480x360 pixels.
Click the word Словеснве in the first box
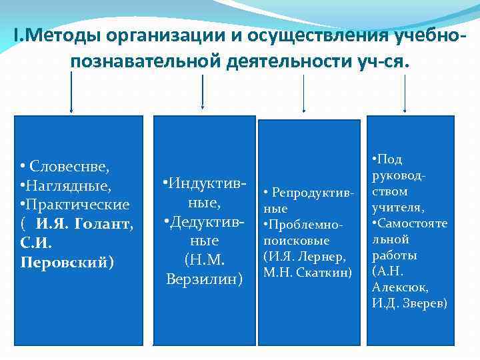pos(70,165)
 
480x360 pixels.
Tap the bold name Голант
pos(107,223)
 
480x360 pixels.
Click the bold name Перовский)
pos(67,262)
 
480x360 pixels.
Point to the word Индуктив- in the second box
pos(205,182)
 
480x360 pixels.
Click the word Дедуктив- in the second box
pos(205,221)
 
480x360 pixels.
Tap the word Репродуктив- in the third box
pos(311,193)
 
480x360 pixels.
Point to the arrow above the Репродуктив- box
pos(305,93)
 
